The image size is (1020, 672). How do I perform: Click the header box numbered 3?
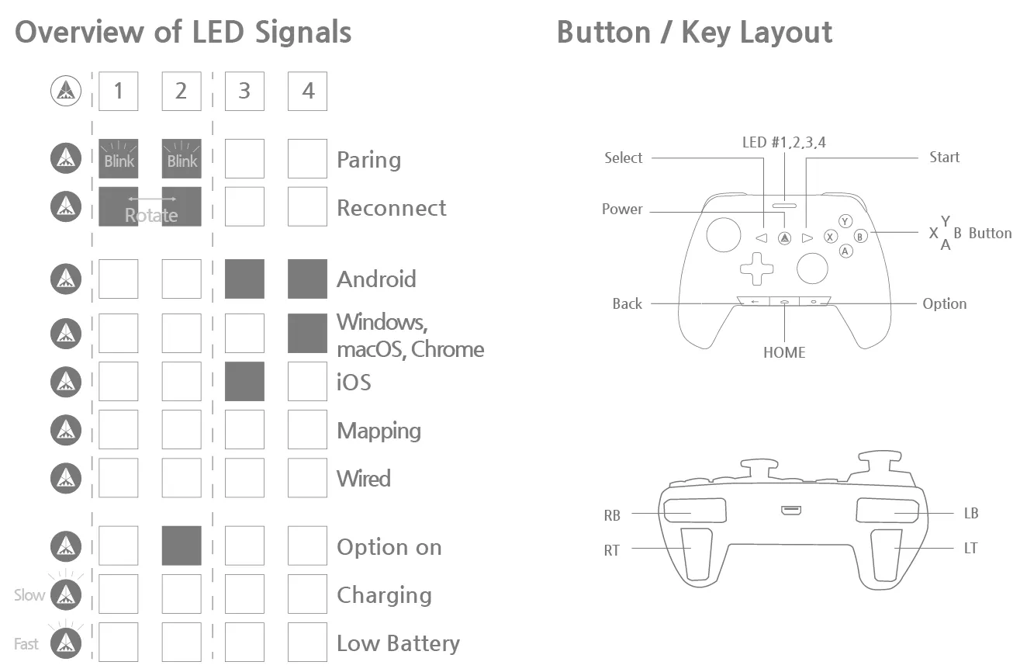(x=244, y=92)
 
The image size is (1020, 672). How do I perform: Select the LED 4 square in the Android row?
(x=307, y=279)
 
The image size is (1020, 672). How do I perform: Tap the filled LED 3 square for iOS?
(x=244, y=382)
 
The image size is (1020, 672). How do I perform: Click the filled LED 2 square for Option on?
(x=182, y=546)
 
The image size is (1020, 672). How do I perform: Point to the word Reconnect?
(x=392, y=208)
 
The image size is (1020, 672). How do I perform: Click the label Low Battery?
(x=398, y=643)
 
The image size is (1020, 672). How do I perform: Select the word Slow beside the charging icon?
(x=29, y=595)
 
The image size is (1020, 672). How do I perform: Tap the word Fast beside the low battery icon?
(x=26, y=643)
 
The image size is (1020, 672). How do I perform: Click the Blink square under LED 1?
(x=119, y=159)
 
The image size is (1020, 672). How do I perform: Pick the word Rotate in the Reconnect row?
(x=151, y=215)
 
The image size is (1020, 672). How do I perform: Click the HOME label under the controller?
(x=784, y=352)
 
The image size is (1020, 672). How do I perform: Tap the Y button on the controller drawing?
(x=846, y=222)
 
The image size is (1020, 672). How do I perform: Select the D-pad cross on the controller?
(x=756, y=268)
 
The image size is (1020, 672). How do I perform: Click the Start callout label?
(x=944, y=158)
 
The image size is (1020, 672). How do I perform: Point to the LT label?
(x=970, y=548)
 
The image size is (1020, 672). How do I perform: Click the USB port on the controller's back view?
(x=790, y=511)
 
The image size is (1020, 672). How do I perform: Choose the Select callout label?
(x=624, y=158)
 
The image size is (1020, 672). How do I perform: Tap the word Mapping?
(x=379, y=431)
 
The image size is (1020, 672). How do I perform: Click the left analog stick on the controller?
(x=723, y=235)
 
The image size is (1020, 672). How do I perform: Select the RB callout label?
(x=612, y=514)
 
